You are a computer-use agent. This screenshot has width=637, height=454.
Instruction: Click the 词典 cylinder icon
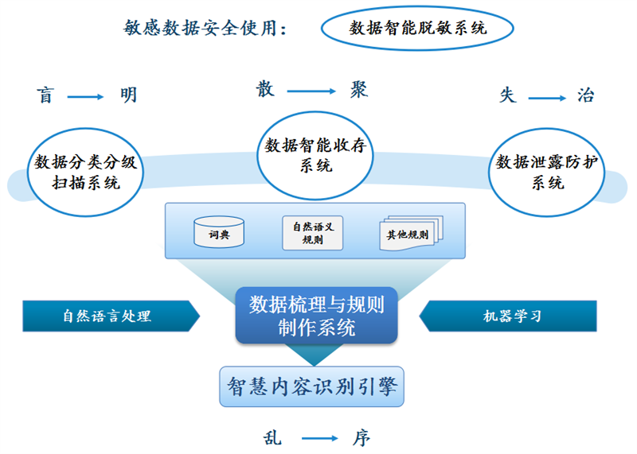[219, 231]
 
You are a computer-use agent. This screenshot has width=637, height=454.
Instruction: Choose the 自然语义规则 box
[313, 233]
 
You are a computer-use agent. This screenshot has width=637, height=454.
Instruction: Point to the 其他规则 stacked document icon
[411, 233]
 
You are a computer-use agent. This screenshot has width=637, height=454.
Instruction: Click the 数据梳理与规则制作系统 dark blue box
[316, 315]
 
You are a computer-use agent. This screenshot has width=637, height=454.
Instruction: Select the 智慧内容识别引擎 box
[311, 386]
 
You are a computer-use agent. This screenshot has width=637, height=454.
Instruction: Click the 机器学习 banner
[508, 316]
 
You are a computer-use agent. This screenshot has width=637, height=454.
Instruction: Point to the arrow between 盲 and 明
[85, 97]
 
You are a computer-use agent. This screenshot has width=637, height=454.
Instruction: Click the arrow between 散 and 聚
[311, 91]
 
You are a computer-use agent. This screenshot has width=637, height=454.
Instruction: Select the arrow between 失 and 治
[547, 98]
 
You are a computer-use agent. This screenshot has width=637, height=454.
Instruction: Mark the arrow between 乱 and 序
[320, 438]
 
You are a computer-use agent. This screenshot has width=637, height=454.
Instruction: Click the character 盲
[45, 95]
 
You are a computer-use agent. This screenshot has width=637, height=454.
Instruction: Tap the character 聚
[359, 89]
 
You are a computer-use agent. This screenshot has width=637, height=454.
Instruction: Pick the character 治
[585, 95]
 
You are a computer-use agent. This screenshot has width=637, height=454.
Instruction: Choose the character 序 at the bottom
[361, 438]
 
